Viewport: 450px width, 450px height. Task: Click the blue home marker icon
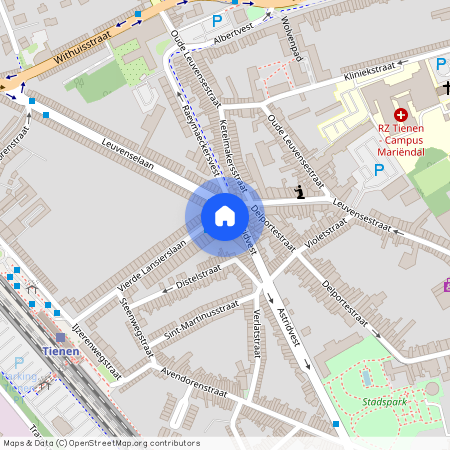click(224, 216)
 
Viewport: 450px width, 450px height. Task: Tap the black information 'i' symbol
click(299, 190)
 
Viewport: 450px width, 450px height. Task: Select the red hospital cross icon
click(401, 116)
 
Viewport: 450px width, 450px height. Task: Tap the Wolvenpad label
click(292, 39)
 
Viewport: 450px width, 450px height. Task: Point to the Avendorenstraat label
click(195, 383)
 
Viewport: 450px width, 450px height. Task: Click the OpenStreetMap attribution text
click(100, 443)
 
